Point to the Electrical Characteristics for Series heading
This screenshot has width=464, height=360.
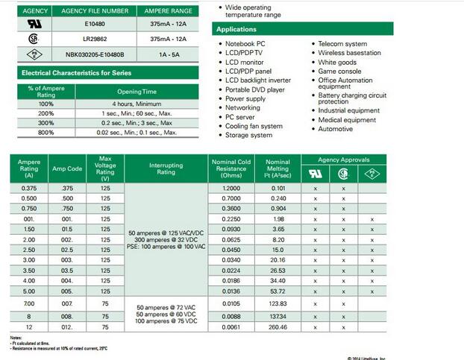coord(76,73)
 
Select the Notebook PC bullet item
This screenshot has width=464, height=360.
coord(246,44)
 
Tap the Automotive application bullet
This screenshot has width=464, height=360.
coord(335,129)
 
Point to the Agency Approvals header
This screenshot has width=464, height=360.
coord(344,160)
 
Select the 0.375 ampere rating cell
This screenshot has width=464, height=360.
coord(29,189)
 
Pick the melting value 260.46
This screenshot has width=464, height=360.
coord(278,327)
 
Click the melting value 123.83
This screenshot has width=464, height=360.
coord(278,304)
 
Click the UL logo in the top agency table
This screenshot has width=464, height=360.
coord(34,23)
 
